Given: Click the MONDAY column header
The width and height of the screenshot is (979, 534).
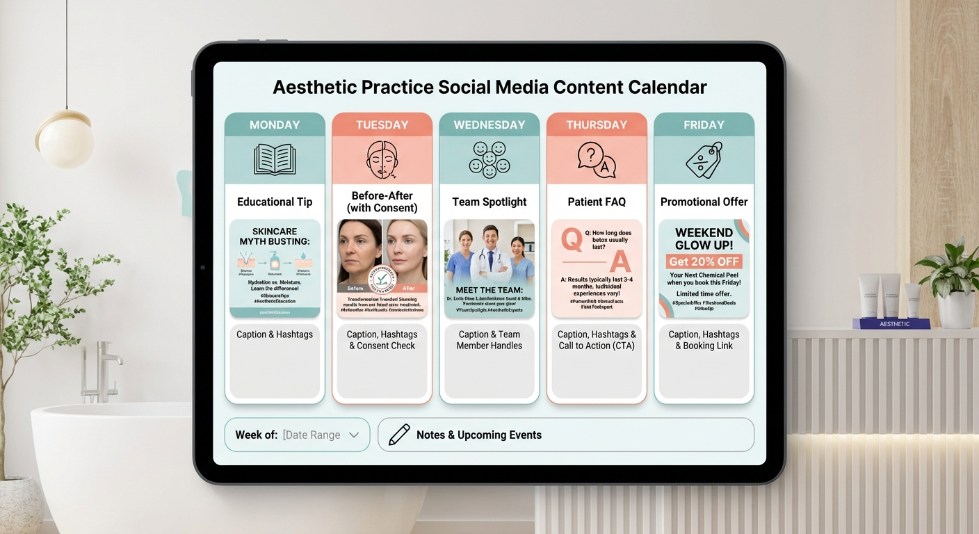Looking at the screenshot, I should click(x=275, y=125).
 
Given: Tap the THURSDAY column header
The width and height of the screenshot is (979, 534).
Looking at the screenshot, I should click(x=597, y=125).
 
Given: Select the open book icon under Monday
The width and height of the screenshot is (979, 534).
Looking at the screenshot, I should click(x=275, y=159).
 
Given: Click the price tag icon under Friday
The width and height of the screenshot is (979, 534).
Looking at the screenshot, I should click(x=704, y=160).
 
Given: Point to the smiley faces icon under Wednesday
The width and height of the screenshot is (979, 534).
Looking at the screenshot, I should click(x=489, y=159).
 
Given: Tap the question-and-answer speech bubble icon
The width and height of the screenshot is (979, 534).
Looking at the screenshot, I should click(x=597, y=159).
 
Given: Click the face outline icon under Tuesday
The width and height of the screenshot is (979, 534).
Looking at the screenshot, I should click(x=382, y=161).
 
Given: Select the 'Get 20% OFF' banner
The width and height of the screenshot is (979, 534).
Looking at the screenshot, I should click(x=704, y=261).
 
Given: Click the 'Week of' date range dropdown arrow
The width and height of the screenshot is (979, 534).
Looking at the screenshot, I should click(x=354, y=435).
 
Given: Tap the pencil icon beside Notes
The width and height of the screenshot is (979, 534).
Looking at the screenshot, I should click(x=399, y=435).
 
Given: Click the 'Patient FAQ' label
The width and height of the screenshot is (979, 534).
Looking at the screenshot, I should click(x=597, y=202).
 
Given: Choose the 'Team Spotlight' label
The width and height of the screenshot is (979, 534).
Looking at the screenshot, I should click(x=489, y=202).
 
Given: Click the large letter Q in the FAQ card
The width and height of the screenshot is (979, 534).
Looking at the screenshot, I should click(x=572, y=240).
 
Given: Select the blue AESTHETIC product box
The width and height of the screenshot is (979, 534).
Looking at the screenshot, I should click(x=895, y=323).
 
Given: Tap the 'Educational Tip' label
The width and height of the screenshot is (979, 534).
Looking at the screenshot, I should click(x=275, y=202).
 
